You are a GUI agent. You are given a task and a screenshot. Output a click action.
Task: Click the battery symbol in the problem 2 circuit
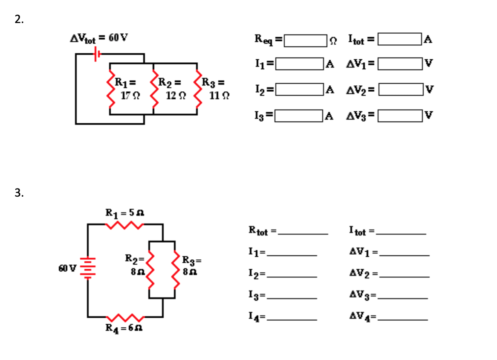(97, 54)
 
